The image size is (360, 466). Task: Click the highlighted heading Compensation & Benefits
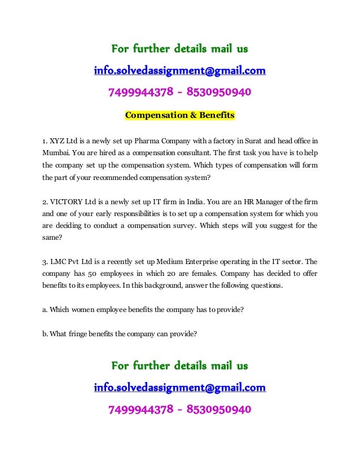(x=179, y=116)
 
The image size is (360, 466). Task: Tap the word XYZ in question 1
(x=58, y=140)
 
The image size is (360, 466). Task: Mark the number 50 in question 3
(x=87, y=275)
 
